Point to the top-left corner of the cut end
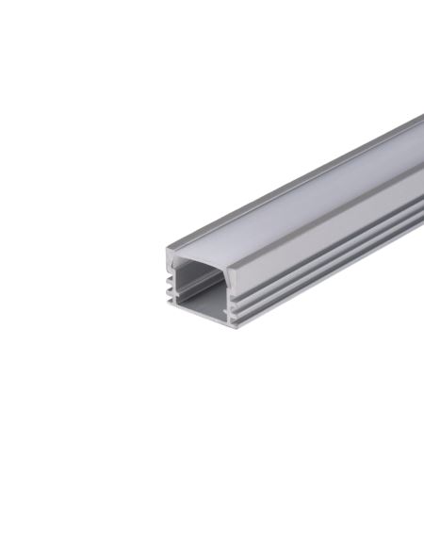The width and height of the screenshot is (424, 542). (x=167, y=250)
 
